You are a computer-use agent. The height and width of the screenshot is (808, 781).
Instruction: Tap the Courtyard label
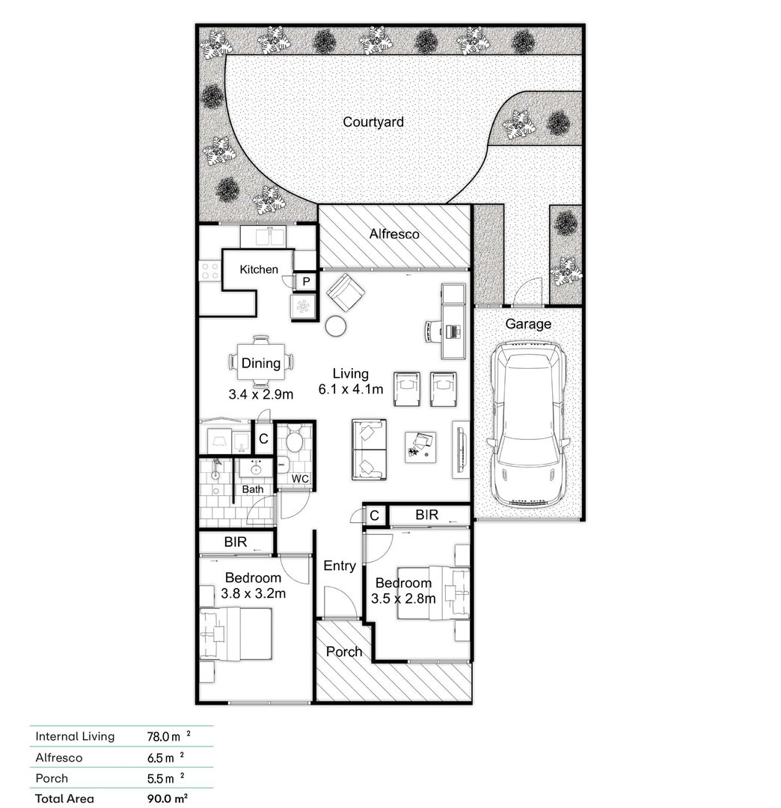pyautogui.click(x=373, y=121)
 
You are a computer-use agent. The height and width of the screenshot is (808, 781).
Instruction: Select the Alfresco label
pyautogui.click(x=394, y=234)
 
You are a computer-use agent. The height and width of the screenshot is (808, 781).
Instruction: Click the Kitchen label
pyautogui.click(x=259, y=269)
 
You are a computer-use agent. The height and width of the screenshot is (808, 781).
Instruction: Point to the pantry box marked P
pyautogui.click(x=306, y=281)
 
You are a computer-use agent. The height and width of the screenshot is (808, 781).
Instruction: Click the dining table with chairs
pyautogui.click(x=260, y=364)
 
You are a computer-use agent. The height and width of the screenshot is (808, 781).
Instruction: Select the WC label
pyautogui.click(x=300, y=478)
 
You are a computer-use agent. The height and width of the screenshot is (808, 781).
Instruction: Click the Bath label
pyautogui.click(x=253, y=489)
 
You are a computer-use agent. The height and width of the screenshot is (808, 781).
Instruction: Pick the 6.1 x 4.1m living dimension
pyautogui.click(x=351, y=389)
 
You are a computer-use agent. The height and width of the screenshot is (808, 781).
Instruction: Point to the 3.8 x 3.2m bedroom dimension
pyautogui.click(x=254, y=593)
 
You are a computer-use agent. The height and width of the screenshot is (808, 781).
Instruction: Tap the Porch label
pyautogui.click(x=344, y=652)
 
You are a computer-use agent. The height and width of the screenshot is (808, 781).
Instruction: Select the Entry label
pyautogui.click(x=340, y=566)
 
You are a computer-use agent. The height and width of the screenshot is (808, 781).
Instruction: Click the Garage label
pyautogui.click(x=528, y=324)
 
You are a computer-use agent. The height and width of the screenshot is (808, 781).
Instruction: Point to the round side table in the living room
pyautogui.click(x=336, y=325)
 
